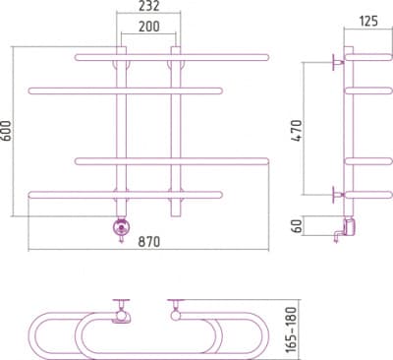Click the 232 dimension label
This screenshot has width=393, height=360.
tap(148, 6)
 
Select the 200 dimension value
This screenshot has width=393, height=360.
tap(149, 27)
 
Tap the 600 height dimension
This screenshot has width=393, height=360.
tap(6, 131)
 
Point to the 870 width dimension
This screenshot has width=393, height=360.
tap(149, 242)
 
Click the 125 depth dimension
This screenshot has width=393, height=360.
tap(368, 22)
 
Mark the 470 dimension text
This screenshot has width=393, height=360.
tap(297, 131)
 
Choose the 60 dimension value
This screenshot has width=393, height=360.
tap(297, 226)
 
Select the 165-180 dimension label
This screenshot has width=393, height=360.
tap(291, 330)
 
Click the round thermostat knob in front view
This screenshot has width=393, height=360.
tap(121, 227)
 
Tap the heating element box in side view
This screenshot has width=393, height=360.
tap(349, 226)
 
